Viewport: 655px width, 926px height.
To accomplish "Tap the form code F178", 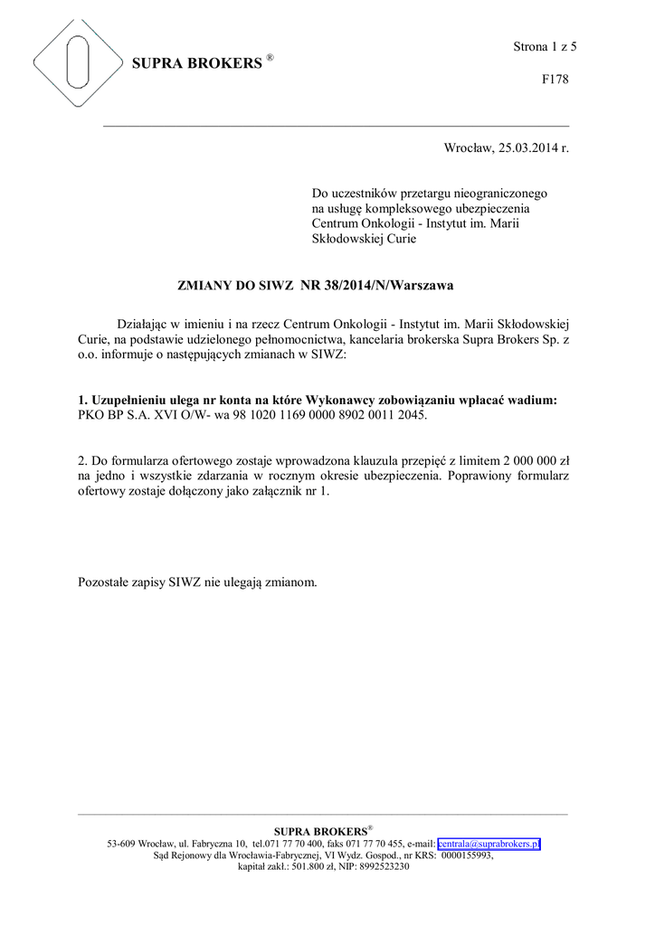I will coord(555,80).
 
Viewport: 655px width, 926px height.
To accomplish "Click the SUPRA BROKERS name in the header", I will coord(197,64).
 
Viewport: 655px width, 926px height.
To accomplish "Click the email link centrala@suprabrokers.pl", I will coord(489,843).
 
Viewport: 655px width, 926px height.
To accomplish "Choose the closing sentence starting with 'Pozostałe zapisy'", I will coord(198,582).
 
